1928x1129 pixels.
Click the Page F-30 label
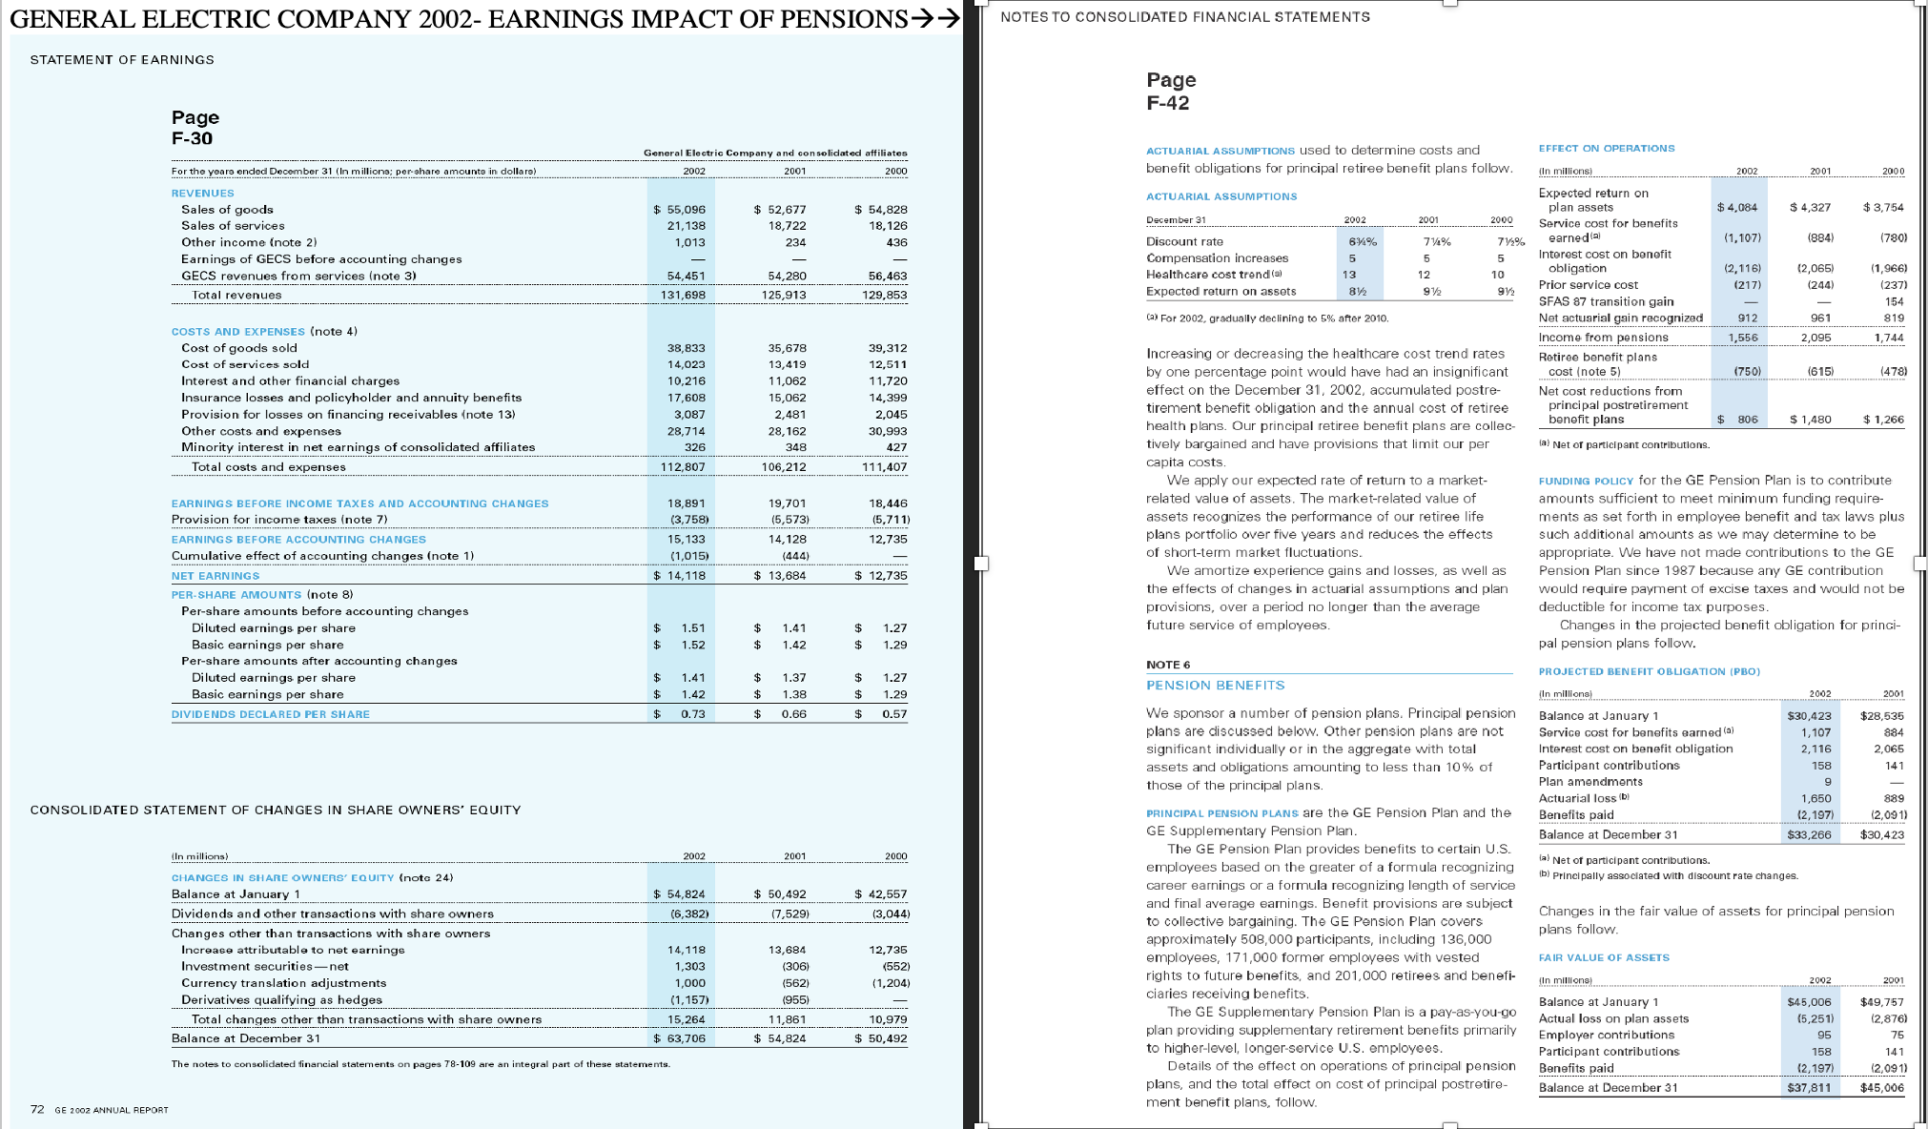[x=195, y=128]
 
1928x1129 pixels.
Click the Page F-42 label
[x=1170, y=92]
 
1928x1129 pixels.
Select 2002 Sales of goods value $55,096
[x=680, y=210]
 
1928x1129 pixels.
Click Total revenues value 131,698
[x=683, y=296]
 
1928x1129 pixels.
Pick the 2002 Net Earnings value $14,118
[x=680, y=576]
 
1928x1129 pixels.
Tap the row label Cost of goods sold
[x=239, y=348]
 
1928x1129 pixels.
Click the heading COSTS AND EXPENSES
[x=237, y=332]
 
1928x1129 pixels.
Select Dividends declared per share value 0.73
[x=692, y=714]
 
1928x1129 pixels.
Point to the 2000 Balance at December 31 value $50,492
[x=882, y=1038]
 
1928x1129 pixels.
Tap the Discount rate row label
[x=1184, y=242]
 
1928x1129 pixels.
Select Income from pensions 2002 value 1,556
[x=1743, y=338]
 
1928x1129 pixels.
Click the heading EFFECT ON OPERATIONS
[x=1606, y=149]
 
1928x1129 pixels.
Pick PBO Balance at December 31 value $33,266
[x=1808, y=835]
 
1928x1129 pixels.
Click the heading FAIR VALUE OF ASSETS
[x=1604, y=958]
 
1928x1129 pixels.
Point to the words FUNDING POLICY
[x=1586, y=482]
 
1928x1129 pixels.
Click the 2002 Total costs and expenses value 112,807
[x=683, y=467]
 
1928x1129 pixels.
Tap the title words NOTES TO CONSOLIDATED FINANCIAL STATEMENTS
[x=1185, y=17]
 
